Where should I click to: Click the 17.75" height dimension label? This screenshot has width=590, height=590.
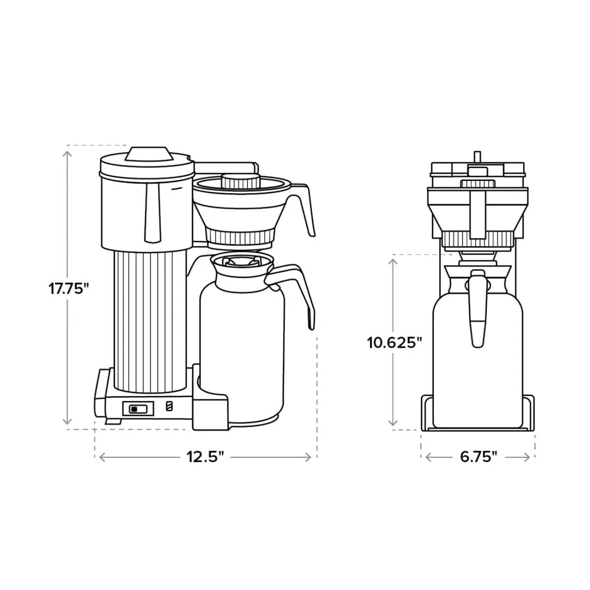68,288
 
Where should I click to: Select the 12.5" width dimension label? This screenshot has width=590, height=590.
205,457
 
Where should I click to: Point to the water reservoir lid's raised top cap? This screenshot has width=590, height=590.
148,153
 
